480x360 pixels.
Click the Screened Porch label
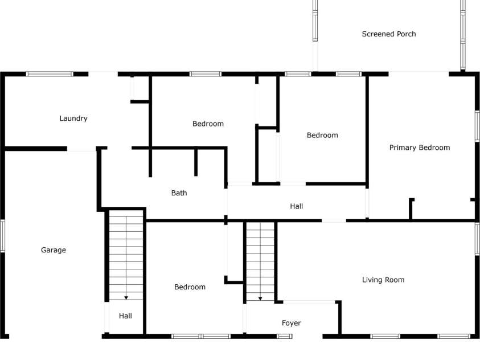(389, 34)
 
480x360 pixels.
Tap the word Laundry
(73, 118)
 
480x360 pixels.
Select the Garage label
(54, 250)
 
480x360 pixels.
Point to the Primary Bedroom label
(420, 148)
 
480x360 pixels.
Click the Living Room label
(383, 280)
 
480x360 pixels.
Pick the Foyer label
(292, 323)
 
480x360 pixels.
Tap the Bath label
(179, 193)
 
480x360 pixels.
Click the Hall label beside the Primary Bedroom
(296, 206)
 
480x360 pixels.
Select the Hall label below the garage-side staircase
(125, 316)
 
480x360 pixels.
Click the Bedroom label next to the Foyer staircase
(190, 287)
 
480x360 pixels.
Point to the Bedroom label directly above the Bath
(208, 124)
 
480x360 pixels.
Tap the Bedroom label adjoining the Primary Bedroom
(323, 135)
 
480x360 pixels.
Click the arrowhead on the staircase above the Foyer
(260, 298)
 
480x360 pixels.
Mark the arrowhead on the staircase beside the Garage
(126, 298)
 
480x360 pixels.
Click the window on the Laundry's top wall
(50, 74)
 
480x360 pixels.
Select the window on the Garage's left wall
(2, 236)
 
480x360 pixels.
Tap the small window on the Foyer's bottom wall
(285, 336)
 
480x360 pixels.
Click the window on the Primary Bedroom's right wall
(478, 126)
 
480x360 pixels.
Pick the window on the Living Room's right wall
(478, 239)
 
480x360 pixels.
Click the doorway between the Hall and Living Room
(334, 220)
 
